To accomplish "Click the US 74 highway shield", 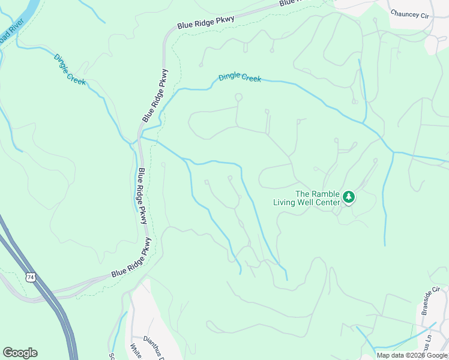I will coord(30,277).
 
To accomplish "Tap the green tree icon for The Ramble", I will coord(349,197).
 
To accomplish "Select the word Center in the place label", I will coord(325,202).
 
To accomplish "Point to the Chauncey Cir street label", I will coord(411,14).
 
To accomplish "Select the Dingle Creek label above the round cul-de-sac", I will coord(240,77).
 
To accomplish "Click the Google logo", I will coord(20,353).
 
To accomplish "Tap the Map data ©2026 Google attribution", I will coord(412,355).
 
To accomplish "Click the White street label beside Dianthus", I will coord(136,351).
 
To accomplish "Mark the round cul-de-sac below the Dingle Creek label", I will coord(238,97).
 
